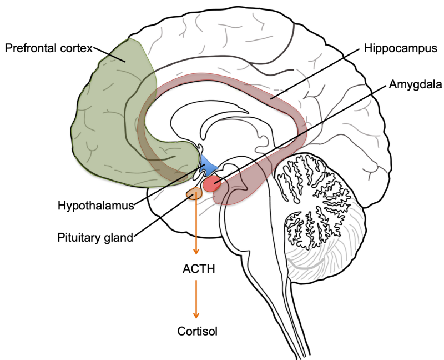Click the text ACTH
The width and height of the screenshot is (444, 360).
click(x=198, y=269)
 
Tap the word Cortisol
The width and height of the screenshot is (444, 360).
click(x=197, y=332)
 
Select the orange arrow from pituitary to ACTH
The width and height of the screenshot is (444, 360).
click(x=195, y=228)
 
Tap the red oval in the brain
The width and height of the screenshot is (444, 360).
click(x=211, y=184)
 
